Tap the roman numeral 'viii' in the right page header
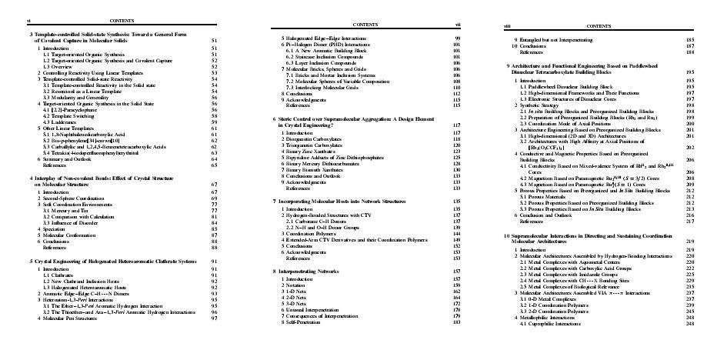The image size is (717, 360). [x=508, y=26]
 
